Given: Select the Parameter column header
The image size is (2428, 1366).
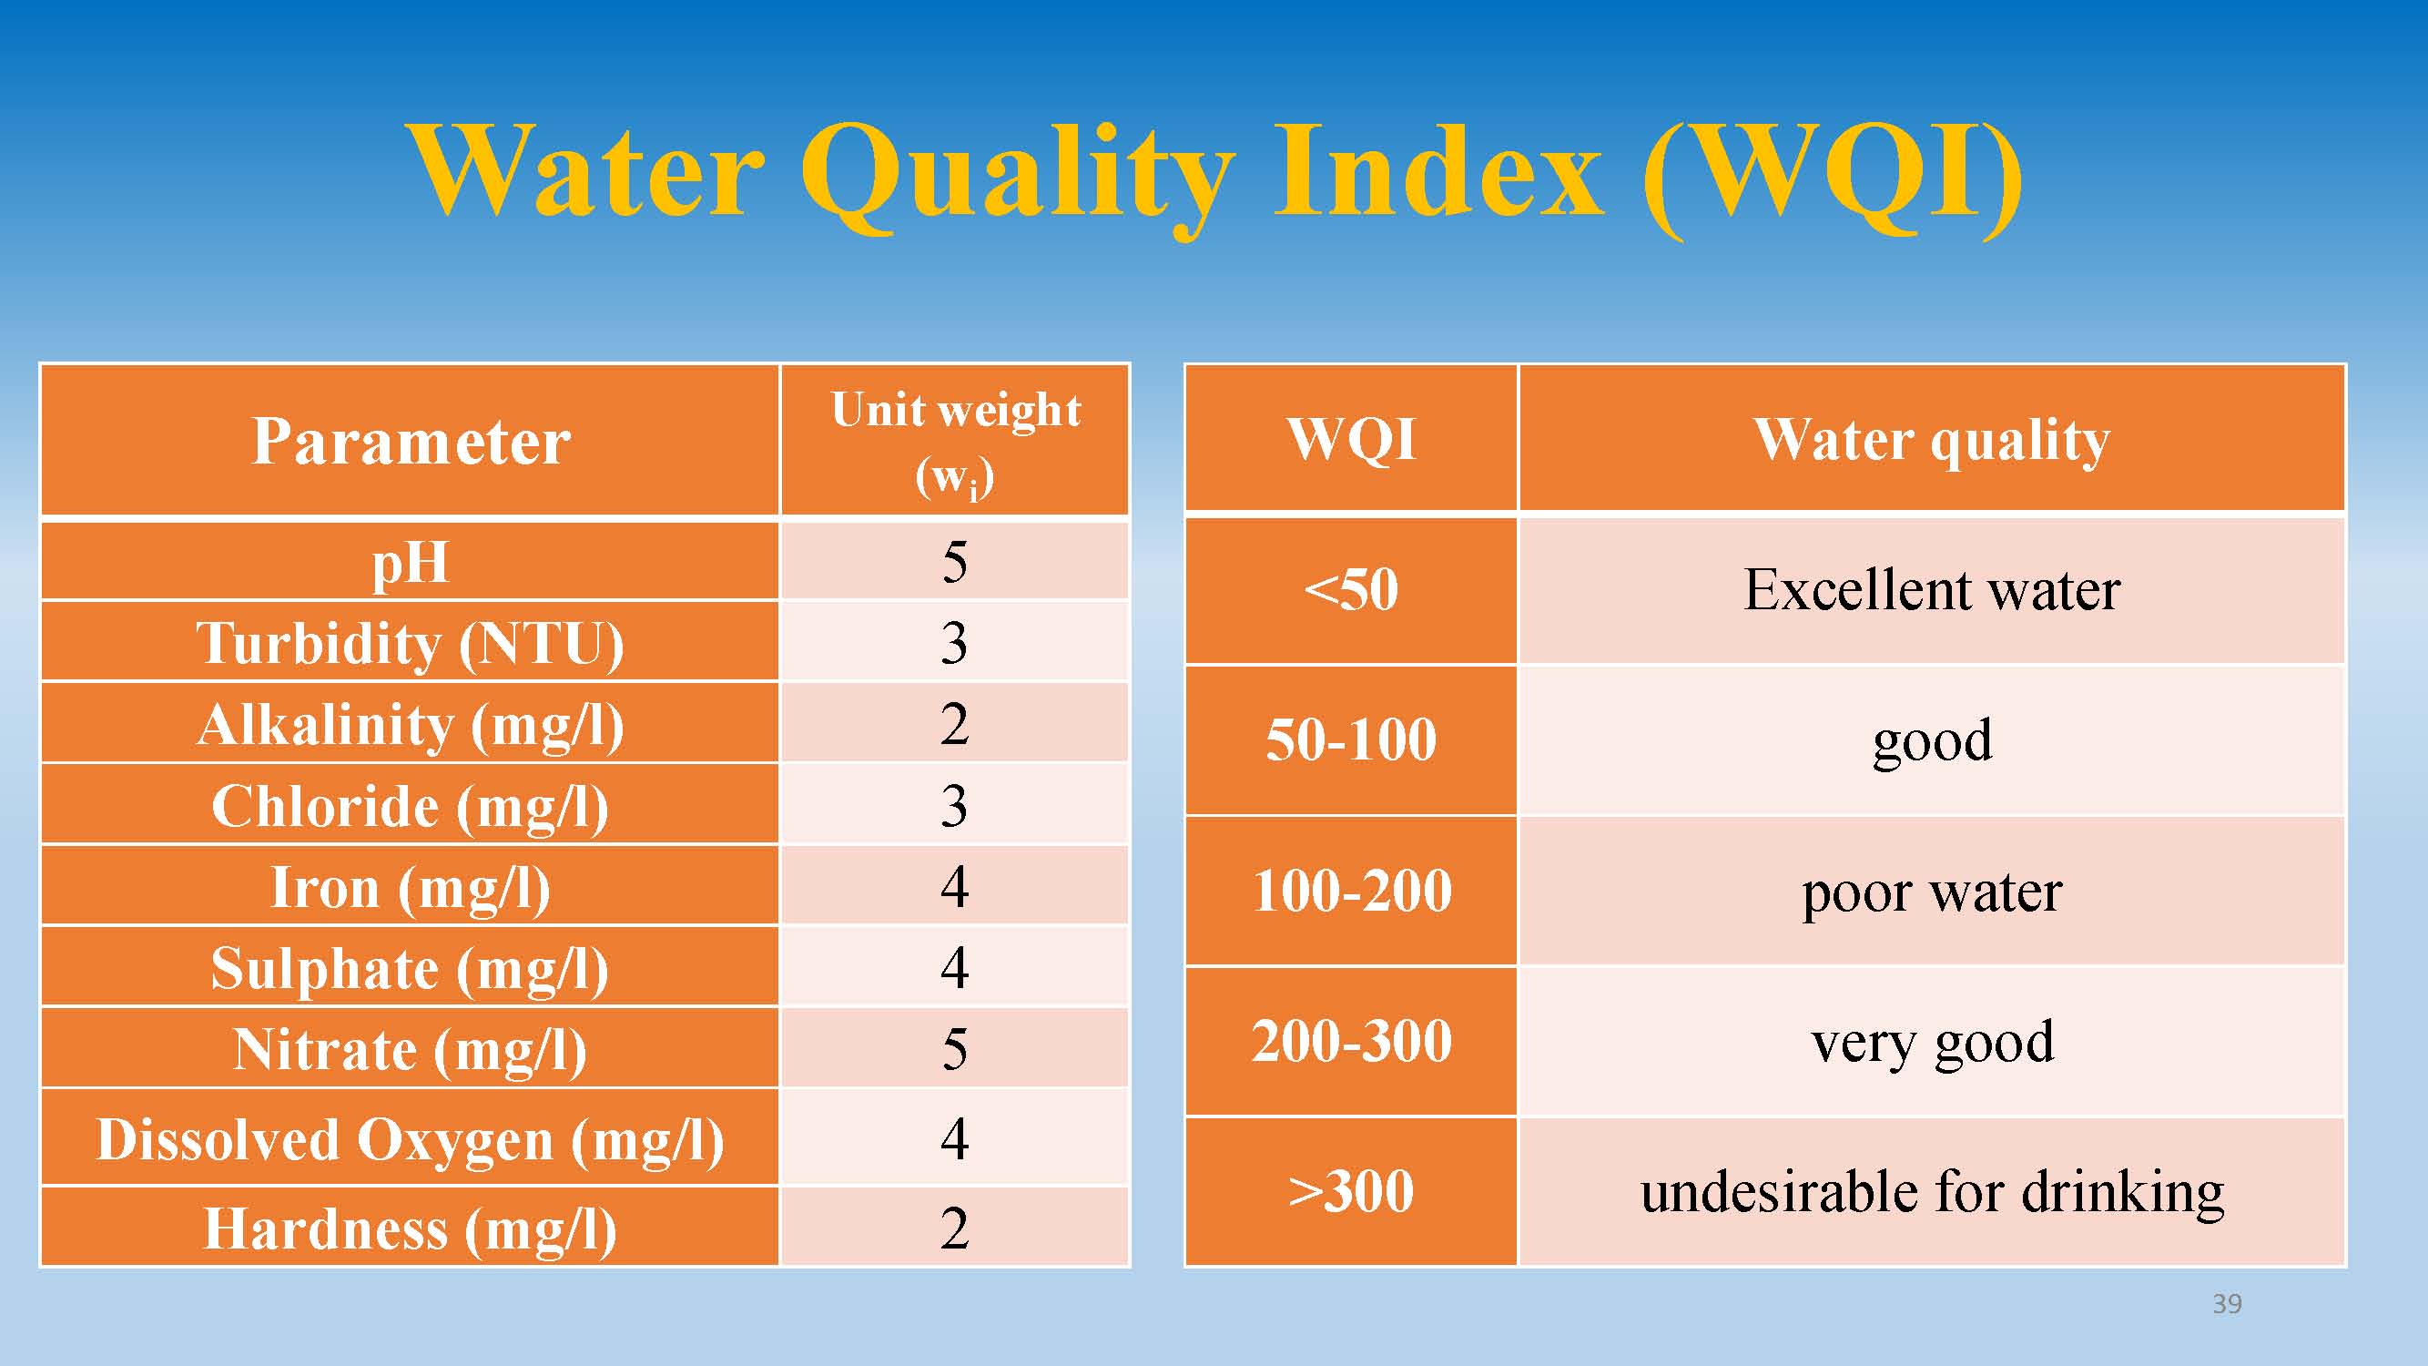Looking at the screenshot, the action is click(410, 440).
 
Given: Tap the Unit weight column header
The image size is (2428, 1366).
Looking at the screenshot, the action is click(955, 440).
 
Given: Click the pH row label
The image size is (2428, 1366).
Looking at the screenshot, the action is click(410, 561).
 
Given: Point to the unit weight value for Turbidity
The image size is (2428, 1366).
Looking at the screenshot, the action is click(955, 642).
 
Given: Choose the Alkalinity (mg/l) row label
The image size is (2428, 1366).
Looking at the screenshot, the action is click(410, 723).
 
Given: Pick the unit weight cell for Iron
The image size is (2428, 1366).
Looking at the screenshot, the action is click(955, 885).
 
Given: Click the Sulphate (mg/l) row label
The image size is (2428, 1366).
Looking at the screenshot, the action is click(410, 966).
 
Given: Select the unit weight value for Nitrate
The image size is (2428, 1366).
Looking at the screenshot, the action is click(955, 1047).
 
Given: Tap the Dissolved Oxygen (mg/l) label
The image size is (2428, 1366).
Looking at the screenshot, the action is click(410, 1137).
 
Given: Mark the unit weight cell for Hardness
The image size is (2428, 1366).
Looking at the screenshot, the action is click(955, 1227).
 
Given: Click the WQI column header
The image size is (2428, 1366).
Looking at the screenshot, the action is click(1351, 438).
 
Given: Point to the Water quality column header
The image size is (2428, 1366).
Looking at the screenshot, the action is click(1931, 438).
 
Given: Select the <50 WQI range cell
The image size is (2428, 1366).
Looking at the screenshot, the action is click(1351, 590).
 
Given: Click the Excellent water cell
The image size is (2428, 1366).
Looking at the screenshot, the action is click(1931, 590).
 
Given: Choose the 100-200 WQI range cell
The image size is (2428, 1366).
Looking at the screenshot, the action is click(1351, 891).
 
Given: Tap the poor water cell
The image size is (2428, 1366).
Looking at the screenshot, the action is click(1931, 891).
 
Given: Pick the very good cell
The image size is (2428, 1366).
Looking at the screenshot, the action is click(1931, 1042).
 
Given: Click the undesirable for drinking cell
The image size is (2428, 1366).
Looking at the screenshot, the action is click(1931, 1191).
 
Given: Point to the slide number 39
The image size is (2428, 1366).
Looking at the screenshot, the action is click(2227, 1304).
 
